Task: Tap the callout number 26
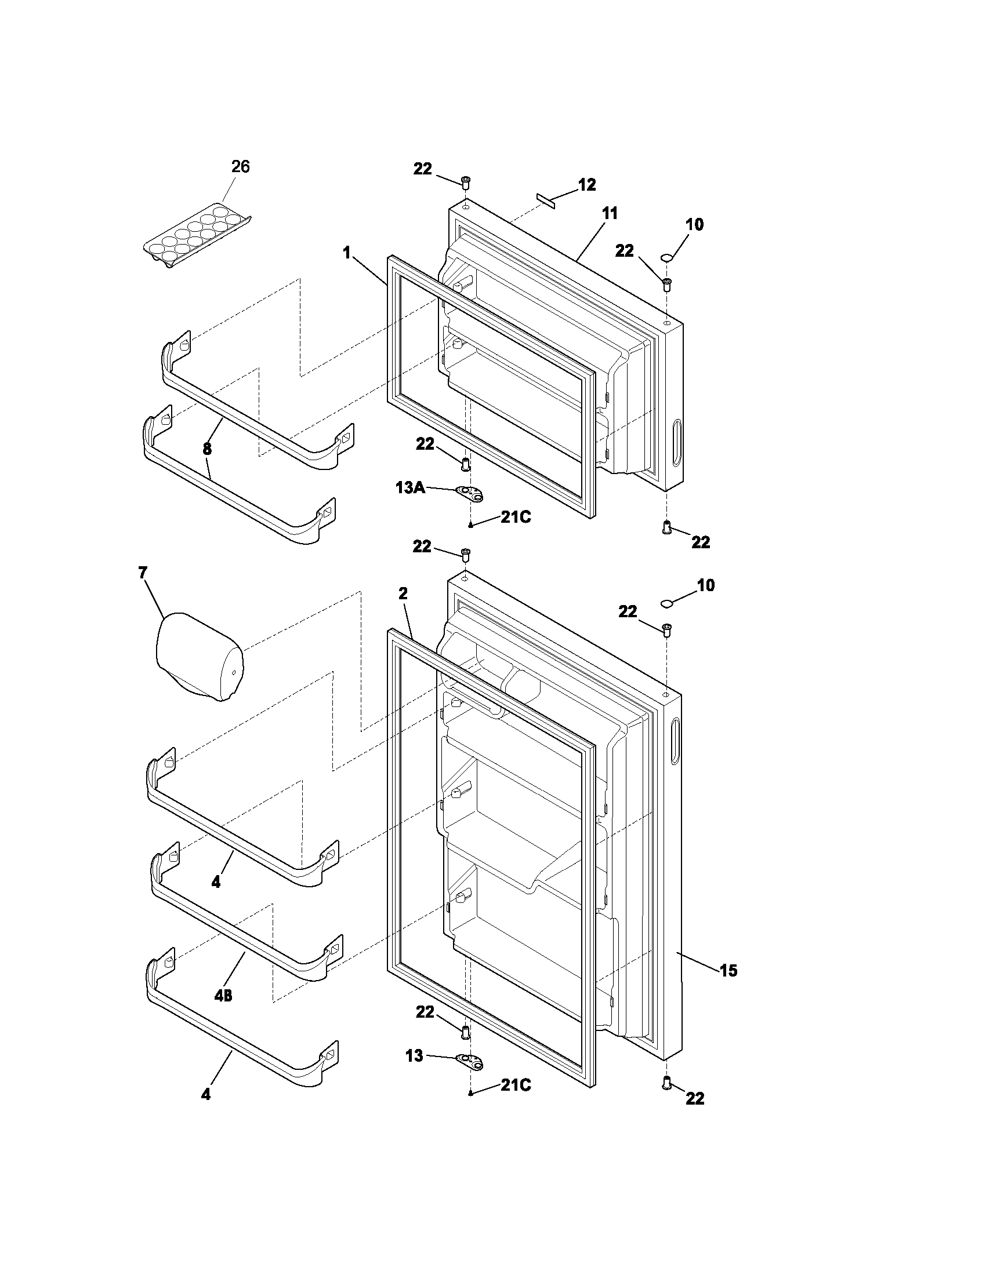pyautogui.click(x=240, y=167)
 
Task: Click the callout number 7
pyautogui.click(x=143, y=573)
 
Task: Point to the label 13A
pyautogui.click(x=410, y=487)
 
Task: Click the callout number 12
pyautogui.click(x=587, y=185)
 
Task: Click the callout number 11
pyautogui.click(x=609, y=214)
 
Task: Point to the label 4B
pyautogui.click(x=223, y=996)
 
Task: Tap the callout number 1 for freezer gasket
pyautogui.click(x=347, y=253)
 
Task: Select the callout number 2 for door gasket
pyautogui.click(x=403, y=593)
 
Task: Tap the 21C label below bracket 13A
pyautogui.click(x=515, y=517)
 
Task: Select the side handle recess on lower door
pyautogui.click(x=675, y=742)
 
